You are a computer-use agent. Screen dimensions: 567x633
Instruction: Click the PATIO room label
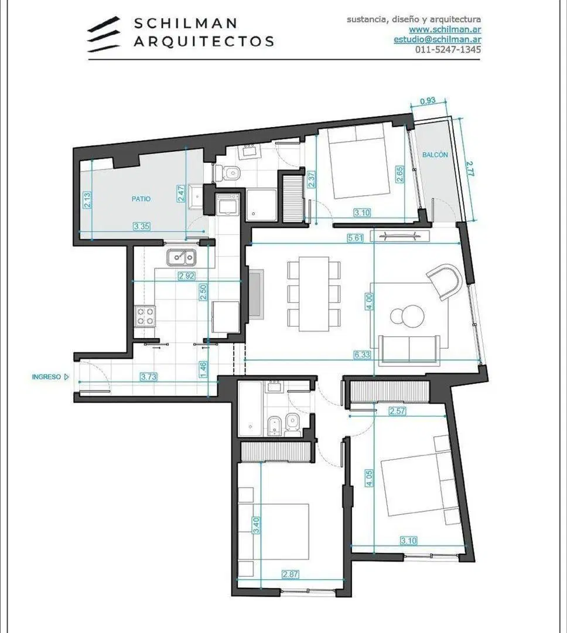point(141,199)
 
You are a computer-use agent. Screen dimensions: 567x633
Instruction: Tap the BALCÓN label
point(435,155)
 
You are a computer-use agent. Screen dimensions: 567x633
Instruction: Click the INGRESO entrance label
point(46,377)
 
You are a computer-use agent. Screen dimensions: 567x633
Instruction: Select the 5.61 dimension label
point(356,238)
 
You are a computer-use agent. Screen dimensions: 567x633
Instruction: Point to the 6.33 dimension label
point(362,355)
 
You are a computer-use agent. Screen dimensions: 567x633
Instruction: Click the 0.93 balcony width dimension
point(428,101)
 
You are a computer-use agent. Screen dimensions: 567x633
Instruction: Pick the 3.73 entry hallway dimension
point(149,377)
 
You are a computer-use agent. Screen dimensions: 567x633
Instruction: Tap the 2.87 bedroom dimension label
point(291,574)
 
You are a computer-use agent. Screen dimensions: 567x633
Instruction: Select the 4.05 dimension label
point(369,478)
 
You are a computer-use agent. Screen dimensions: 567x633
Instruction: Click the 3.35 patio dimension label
point(142,226)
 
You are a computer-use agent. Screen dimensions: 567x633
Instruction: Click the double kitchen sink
point(181,257)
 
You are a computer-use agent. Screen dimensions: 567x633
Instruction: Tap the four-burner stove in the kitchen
point(145,316)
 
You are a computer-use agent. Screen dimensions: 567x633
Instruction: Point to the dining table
point(314,294)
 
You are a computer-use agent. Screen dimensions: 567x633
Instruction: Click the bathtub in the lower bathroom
point(250,409)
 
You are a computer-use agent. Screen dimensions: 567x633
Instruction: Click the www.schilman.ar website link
point(445,29)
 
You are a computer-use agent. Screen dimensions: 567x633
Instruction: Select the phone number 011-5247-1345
point(448,49)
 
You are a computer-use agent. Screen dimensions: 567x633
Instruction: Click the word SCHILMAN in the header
point(185,23)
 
